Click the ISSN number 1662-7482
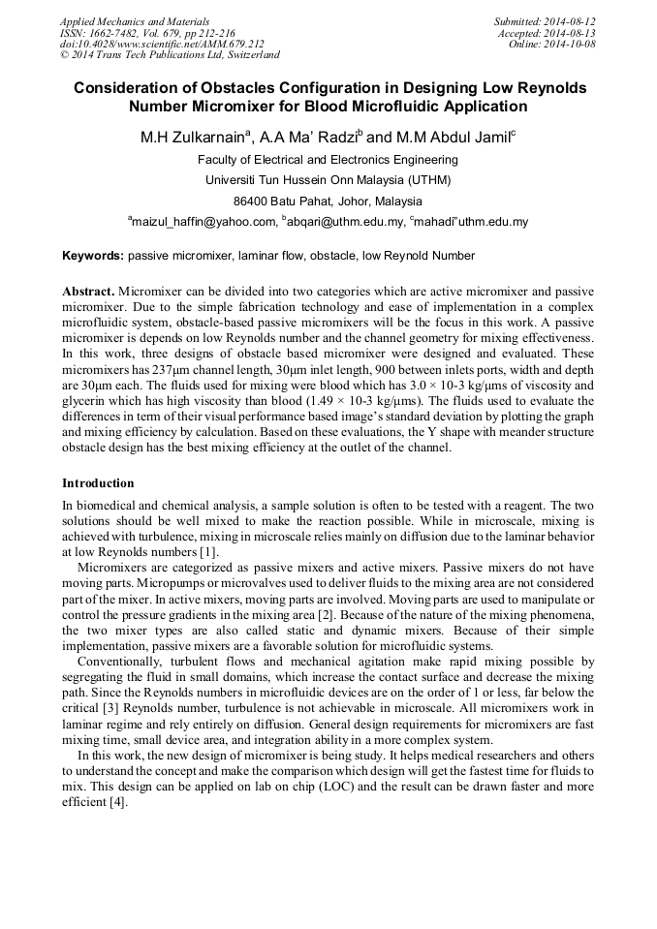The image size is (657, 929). click(112, 33)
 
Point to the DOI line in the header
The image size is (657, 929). click(162, 45)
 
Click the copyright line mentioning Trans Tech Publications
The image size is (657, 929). click(170, 55)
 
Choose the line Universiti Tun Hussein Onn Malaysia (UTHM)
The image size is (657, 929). click(328, 180)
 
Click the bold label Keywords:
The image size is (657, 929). click(92, 256)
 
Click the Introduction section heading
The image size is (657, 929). click(98, 482)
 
